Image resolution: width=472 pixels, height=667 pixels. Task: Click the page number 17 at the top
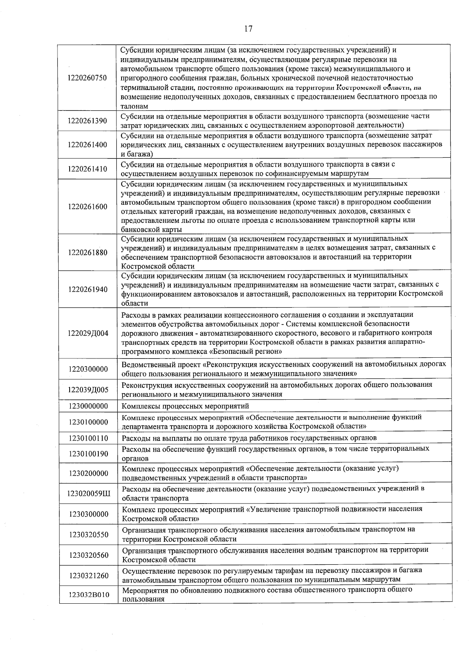click(248, 29)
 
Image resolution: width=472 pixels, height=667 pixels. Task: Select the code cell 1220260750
click(87, 78)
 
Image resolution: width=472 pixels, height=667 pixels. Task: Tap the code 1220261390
click(87, 121)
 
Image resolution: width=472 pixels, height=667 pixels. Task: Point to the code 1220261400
click(87, 145)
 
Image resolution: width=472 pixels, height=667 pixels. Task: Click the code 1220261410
click(87, 169)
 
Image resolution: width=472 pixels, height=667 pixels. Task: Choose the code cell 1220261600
click(87, 207)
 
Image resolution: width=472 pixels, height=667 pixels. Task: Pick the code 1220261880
click(87, 252)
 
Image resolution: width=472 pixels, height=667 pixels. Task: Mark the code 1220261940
click(87, 289)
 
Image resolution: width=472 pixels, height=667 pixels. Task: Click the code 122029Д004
click(88, 333)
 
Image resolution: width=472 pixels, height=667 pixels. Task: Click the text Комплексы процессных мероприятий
click(185, 406)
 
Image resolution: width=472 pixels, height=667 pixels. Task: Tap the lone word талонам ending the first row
click(134, 106)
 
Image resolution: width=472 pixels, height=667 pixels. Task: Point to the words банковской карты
click(151, 230)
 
